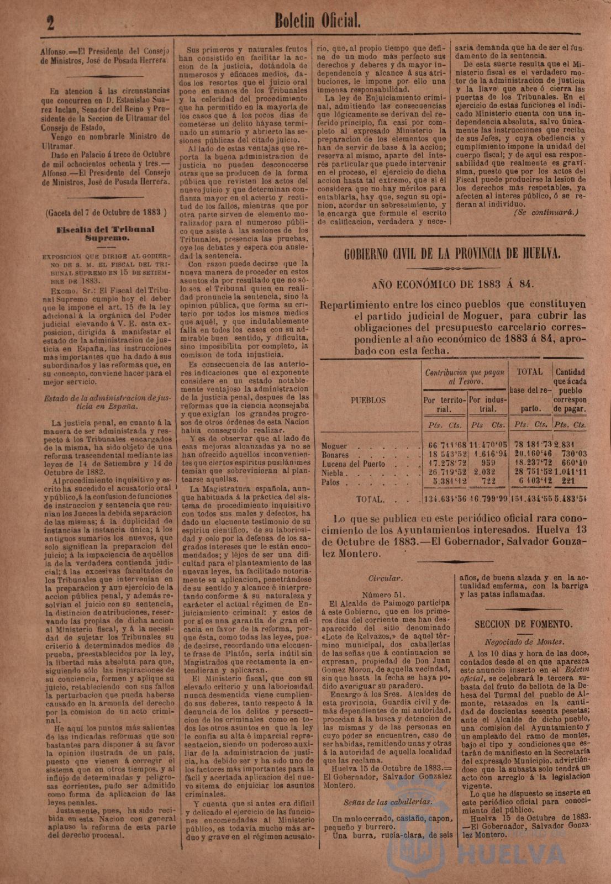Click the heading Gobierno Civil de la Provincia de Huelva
pos(452,255)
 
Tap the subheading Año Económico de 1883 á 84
pos(452,285)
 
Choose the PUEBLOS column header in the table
pos(368,400)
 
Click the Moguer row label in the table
pos(334,445)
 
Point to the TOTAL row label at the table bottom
pos(370,499)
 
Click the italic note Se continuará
pos(545,213)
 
